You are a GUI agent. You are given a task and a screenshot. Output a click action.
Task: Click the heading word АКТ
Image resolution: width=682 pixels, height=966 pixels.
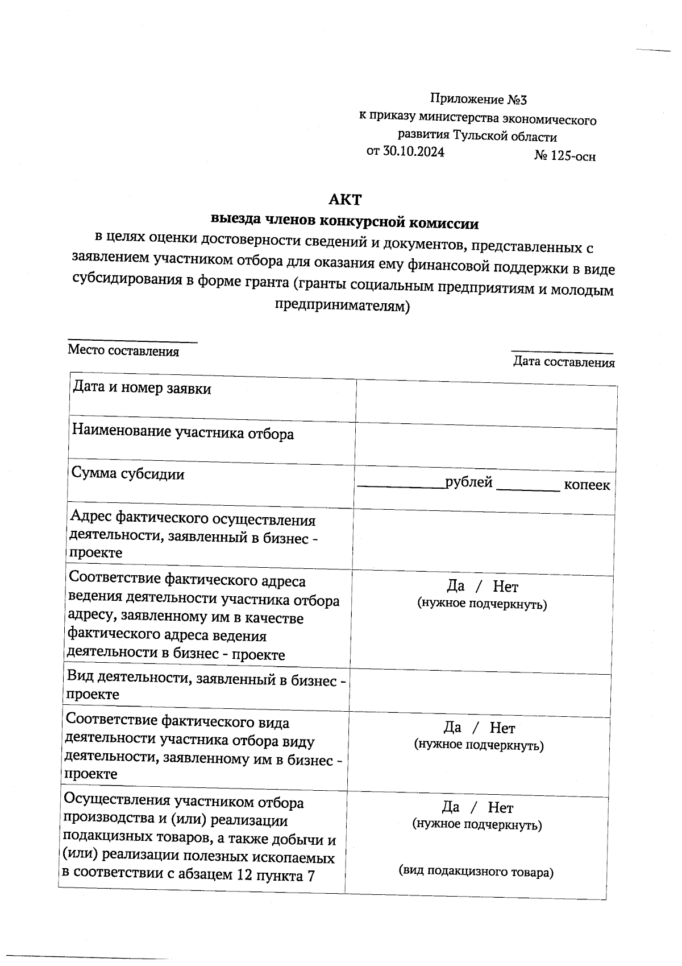[345, 200]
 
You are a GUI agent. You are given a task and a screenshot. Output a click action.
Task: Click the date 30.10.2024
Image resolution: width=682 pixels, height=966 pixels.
[413, 151]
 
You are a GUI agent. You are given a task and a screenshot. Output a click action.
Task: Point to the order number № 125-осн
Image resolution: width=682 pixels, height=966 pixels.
[565, 156]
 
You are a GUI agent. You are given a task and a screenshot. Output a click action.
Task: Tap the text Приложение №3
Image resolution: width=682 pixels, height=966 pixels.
[478, 100]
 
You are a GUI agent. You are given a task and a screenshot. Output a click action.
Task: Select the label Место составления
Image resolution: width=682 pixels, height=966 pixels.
[123, 351]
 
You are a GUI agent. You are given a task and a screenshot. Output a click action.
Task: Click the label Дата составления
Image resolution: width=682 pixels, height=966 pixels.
[563, 362]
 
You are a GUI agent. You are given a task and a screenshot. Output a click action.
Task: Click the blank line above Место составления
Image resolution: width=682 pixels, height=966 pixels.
[132, 341]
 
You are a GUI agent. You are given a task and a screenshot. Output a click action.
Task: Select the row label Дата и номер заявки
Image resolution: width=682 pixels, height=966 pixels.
[142, 389]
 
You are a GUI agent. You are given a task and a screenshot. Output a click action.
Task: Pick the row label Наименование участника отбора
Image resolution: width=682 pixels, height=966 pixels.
[183, 434]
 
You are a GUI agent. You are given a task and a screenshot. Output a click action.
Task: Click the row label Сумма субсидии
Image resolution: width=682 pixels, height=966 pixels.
[128, 473]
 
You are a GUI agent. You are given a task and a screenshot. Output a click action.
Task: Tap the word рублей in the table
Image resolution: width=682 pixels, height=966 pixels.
[469, 482]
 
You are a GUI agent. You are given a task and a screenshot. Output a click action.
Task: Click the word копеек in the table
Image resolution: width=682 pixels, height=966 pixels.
[587, 485]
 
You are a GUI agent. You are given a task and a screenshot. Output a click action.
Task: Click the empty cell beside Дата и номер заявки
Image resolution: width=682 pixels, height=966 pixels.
[486, 404]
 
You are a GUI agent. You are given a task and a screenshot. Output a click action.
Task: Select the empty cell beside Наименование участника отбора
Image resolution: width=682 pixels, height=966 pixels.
[486, 448]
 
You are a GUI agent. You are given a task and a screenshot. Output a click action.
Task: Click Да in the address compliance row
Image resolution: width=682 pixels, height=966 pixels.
[456, 586]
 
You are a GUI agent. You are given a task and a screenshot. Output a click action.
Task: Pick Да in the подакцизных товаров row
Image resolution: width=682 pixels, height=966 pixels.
[451, 807]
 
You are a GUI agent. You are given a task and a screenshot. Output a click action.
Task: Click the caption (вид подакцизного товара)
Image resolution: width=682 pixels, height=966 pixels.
[476, 872]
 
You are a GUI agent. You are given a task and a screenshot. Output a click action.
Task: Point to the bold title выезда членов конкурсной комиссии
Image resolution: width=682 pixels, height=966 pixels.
[344, 221]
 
